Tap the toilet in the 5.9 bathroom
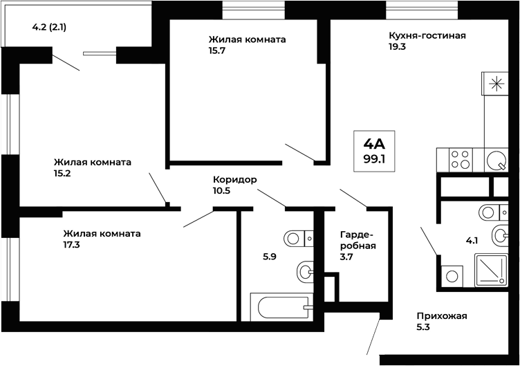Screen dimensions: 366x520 coord(299,238)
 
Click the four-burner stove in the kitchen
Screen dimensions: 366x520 coord(460,160)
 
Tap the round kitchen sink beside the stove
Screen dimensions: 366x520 coord(496,161)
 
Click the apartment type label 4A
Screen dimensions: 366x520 coord(374,144)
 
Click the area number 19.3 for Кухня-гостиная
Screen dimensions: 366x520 coord(398,47)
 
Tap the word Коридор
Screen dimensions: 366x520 coord(235,179)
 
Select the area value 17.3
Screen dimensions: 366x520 coord(72,244)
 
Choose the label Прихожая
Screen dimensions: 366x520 coord(442,316)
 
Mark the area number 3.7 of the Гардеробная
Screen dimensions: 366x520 coord(347,256)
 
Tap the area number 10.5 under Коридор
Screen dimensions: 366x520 coord(223,190)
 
